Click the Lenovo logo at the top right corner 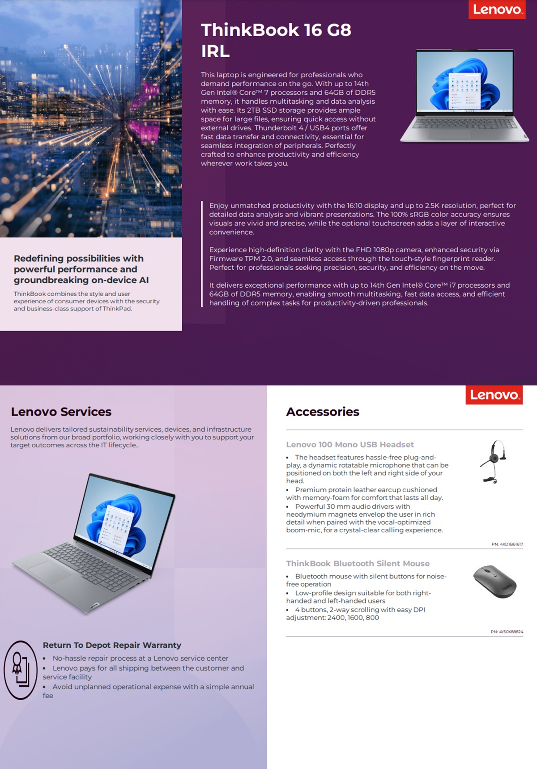pyautogui.click(x=497, y=9)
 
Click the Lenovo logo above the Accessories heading pyautogui.click(x=494, y=395)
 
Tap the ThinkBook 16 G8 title pyautogui.click(x=276, y=30)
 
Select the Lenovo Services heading pyautogui.click(x=61, y=412)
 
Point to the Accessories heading pyautogui.click(x=323, y=412)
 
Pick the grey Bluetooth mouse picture pyautogui.click(x=495, y=581)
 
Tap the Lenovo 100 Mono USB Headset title pyautogui.click(x=350, y=444)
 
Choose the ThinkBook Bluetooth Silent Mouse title pyautogui.click(x=358, y=563)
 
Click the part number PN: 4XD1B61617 pyautogui.click(x=507, y=544)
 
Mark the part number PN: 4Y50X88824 pyautogui.click(x=507, y=632)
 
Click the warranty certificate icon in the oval pyautogui.click(x=20, y=670)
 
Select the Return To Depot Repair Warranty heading pyautogui.click(x=112, y=645)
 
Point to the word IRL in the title pyautogui.click(x=215, y=51)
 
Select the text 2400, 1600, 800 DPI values pyautogui.click(x=353, y=617)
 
